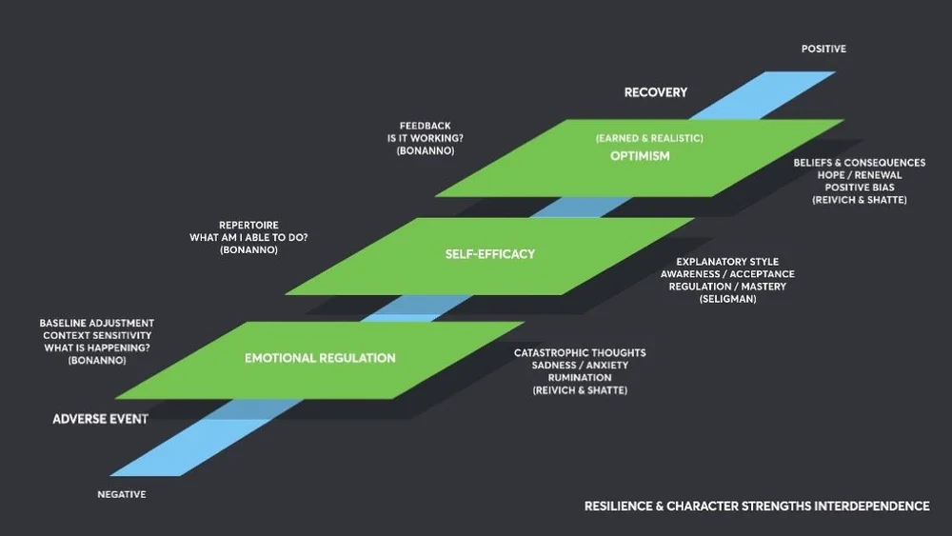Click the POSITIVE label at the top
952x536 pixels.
823,49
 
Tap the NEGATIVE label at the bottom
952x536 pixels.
122,494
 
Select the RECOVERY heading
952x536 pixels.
655,92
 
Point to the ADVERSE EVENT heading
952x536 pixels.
100,419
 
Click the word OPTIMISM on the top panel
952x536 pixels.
640,156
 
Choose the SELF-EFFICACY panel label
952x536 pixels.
490,254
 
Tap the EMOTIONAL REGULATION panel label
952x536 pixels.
320,358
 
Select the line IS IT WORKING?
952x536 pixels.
425,138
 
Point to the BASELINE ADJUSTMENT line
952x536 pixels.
96,324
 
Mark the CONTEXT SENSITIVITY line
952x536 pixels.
96,336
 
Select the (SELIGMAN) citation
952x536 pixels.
727,299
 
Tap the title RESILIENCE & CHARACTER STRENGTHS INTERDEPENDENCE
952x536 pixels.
757,506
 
